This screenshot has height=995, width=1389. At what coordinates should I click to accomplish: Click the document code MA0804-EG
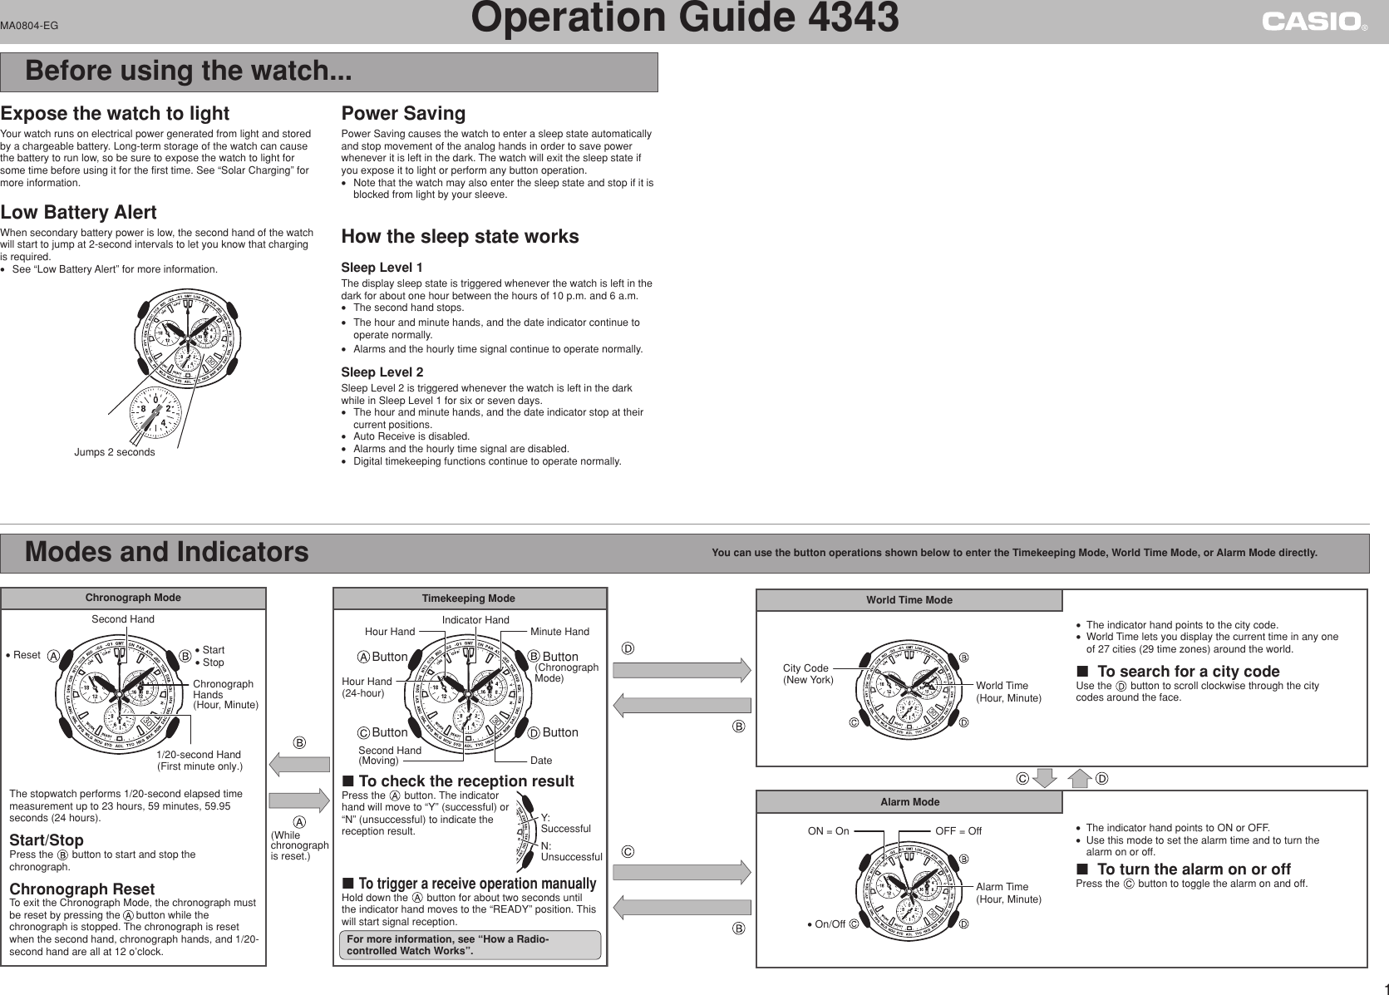(x=29, y=26)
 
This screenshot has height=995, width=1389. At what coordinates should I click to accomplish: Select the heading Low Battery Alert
(x=78, y=213)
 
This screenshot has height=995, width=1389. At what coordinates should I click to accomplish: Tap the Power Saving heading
(x=403, y=113)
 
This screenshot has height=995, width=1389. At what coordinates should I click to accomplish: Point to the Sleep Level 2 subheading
(x=382, y=372)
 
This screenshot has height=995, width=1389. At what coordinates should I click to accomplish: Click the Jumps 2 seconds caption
(x=114, y=452)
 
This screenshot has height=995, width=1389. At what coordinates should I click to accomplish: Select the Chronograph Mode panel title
(x=133, y=598)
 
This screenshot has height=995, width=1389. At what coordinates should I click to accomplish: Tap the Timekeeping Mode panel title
(x=469, y=598)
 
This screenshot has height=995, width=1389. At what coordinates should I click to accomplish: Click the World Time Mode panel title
(x=909, y=600)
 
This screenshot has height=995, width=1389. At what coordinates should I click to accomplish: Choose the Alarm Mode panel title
(x=909, y=802)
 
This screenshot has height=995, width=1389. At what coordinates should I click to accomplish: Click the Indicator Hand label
(x=475, y=620)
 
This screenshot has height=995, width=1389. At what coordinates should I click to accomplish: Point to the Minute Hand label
(x=559, y=633)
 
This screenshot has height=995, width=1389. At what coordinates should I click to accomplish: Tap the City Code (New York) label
(x=807, y=674)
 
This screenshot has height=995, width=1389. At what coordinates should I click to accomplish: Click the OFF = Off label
(x=958, y=831)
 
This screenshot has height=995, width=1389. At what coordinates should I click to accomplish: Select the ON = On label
(x=829, y=831)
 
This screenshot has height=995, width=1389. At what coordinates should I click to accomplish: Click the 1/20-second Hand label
(x=199, y=760)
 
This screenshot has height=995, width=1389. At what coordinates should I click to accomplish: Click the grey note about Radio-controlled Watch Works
(x=470, y=945)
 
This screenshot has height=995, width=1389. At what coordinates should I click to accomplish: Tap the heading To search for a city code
(x=1188, y=672)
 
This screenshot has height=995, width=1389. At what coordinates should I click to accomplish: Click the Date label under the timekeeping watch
(x=541, y=761)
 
